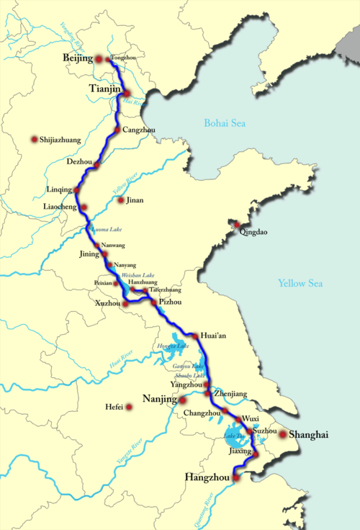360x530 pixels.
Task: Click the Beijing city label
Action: [x=78, y=58]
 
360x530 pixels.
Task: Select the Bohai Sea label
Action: [x=225, y=123]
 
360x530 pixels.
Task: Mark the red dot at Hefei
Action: [x=130, y=407]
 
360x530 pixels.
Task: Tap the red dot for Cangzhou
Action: [x=117, y=130]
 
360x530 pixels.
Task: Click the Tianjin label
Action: [x=104, y=89]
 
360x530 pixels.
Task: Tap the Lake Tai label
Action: [x=235, y=437]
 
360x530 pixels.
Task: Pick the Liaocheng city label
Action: [x=61, y=207]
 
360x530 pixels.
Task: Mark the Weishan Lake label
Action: [x=138, y=275]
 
